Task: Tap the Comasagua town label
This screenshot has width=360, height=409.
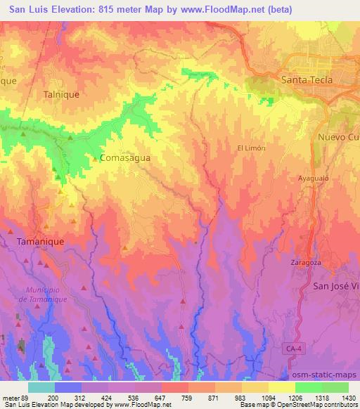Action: point(125,158)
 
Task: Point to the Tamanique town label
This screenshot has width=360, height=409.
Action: point(40,241)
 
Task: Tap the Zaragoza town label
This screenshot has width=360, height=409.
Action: point(305,262)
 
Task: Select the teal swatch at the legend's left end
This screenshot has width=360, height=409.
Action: point(41,387)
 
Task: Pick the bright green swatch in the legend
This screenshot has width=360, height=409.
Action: point(309,387)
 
